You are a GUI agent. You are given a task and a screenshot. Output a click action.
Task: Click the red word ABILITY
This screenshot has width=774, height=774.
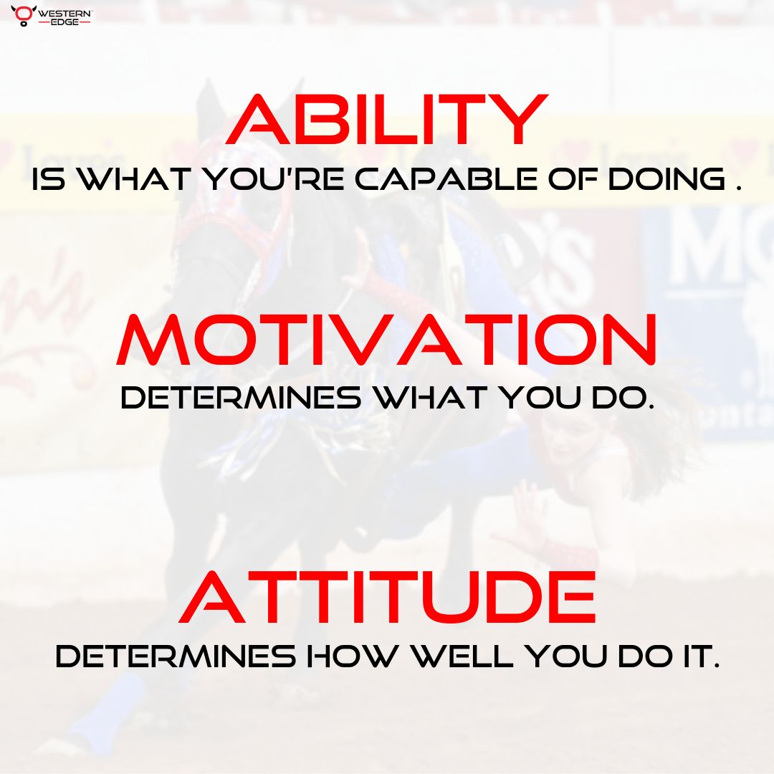tap(387, 122)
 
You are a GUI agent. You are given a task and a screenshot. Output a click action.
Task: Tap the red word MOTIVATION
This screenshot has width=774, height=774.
tap(387, 340)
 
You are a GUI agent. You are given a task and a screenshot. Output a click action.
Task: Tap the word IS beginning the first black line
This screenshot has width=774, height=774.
tap(48, 180)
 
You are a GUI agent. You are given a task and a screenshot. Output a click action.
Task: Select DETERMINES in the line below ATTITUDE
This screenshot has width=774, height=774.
tap(176, 656)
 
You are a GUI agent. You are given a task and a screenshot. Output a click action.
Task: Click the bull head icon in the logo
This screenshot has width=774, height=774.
tap(22, 15)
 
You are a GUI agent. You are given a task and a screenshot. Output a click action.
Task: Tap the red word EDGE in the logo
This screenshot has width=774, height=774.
tap(64, 22)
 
